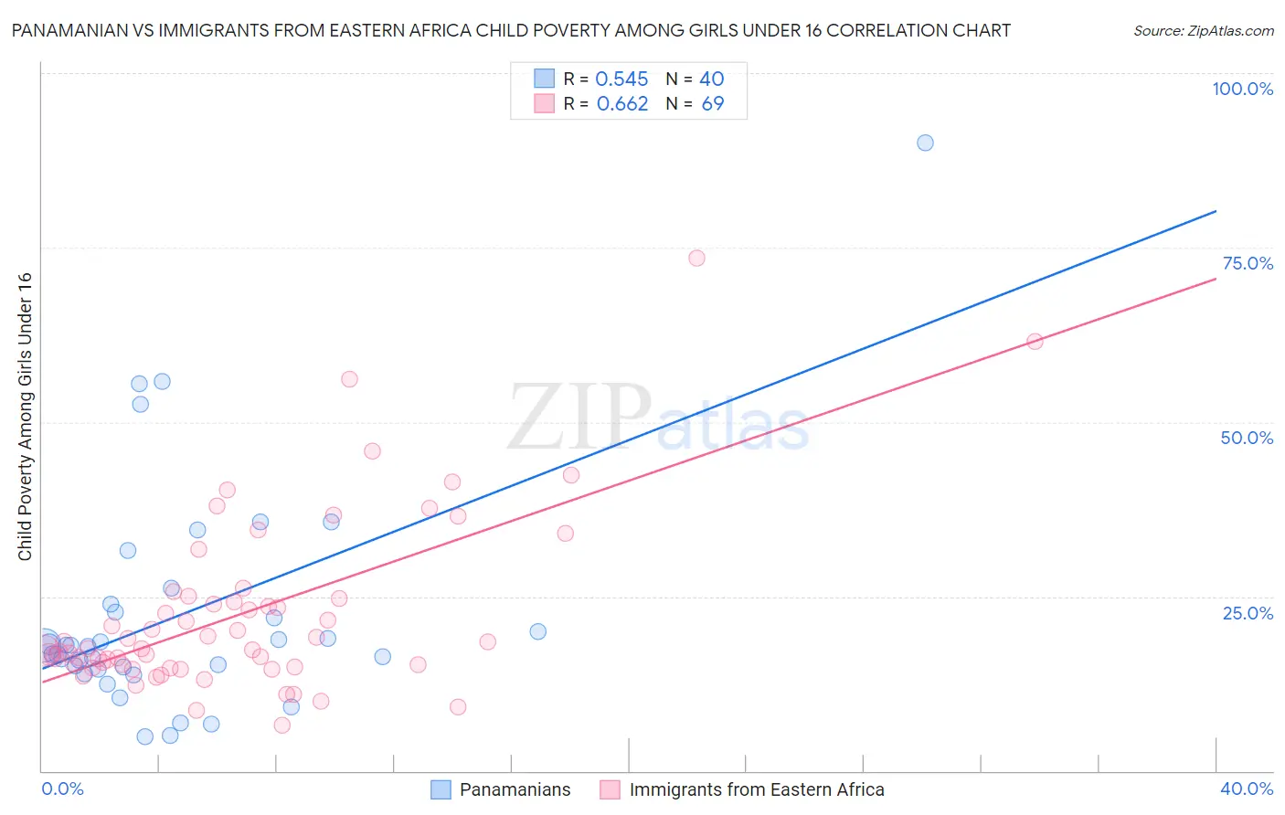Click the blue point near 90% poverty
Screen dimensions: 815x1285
[x=925, y=143]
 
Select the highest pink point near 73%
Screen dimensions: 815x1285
[x=696, y=259]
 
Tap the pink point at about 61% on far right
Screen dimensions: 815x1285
[x=1035, y=342]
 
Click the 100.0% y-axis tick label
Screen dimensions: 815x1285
[x=1242, y=89]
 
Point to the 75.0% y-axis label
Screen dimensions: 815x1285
[x=1248, y=263]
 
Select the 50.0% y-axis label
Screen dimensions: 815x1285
[x=1247, y=438]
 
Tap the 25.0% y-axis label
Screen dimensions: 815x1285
[x=1248, y=613]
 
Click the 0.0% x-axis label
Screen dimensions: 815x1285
[x=62, y=789]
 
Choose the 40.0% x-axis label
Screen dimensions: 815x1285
[x=1247, y=789]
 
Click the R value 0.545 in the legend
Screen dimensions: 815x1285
[x=621, y=79]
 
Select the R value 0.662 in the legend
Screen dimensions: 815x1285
[x=622, y=104]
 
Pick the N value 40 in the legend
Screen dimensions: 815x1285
[x=712, y=79]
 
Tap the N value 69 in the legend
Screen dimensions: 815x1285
[x=713, y=104]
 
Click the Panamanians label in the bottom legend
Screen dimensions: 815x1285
[x=515, y=789]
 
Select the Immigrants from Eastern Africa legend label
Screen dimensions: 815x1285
[x=757, y=789]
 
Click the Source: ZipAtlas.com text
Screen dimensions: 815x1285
[x=1203, y=31]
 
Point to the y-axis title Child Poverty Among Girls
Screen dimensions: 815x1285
[x=25, y=417]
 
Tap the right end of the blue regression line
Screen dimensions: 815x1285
[x=1216, y=211]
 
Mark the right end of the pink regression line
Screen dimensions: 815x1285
[x=1216, y=278]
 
